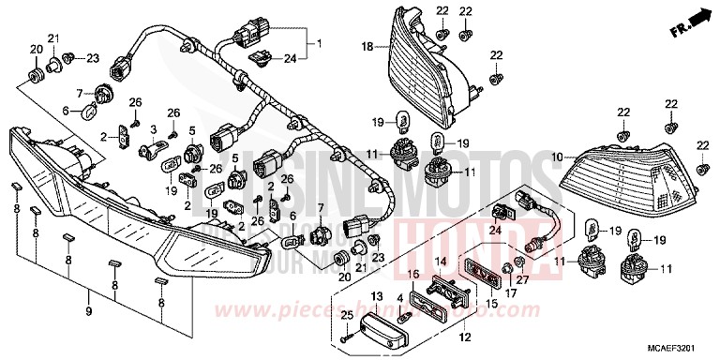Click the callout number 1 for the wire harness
point(318,43)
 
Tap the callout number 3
point(152,127)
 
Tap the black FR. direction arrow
point(696,17)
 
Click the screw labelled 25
point(348,336)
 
